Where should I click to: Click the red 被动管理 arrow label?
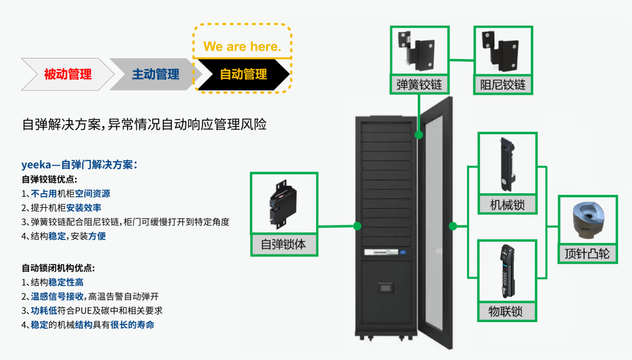coord(68,74)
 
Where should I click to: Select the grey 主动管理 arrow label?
coord(156,74)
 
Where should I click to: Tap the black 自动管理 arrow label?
coord(243,74)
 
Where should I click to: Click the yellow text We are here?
coord(242,46)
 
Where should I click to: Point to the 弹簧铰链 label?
coord(419,85)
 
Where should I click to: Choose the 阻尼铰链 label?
coord(503,85)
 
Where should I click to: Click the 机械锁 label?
coord(507,205)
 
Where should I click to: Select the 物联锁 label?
coord(506,311)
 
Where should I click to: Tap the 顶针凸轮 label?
coord(588,253)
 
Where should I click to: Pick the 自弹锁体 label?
coord(283,244)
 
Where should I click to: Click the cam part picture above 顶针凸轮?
coord(588,221)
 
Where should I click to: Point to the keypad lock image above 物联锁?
coord(507,271)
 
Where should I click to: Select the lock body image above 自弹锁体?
coord(283,204)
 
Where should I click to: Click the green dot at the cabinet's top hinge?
coord(419,135)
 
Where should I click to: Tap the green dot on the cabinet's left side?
coord(357,226)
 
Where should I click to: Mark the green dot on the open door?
coord(453,226)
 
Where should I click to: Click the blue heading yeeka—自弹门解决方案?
coord(80,164)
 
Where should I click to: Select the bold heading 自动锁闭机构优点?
coord(58,268)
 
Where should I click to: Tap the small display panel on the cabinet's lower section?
coord(386,288)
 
